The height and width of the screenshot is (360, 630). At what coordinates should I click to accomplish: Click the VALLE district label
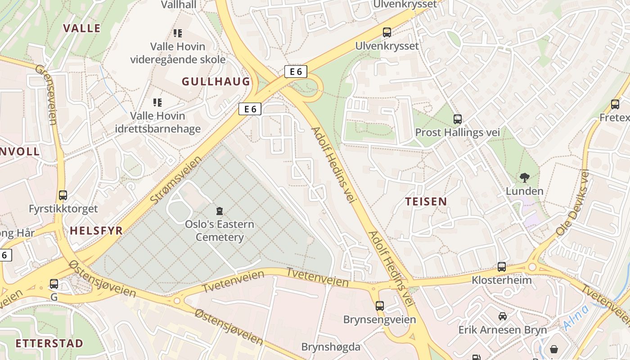pos(81,28)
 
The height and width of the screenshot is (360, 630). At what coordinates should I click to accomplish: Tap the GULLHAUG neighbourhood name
pos(216,81)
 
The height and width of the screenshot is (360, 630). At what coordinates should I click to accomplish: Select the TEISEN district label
pos(426,201)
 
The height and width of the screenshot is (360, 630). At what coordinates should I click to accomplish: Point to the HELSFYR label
pos(96,231)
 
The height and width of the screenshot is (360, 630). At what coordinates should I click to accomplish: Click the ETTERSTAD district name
pos(49,343)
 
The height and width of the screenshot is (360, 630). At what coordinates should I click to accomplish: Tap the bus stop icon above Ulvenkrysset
pos(387,32)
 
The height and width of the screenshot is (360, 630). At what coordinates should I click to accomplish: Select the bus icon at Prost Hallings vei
pos(458,119)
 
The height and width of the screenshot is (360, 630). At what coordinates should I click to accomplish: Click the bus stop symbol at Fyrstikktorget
pos(63,195)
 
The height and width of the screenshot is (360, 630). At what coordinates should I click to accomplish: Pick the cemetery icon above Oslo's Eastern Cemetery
pos(220,211)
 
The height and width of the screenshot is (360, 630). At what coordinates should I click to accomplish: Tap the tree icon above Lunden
pos(524,178)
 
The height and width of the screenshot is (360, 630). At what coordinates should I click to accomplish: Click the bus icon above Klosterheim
pos(502,267)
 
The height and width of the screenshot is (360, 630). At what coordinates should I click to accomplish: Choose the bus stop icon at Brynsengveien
pos(380,306)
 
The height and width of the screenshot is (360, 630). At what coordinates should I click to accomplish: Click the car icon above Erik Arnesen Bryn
pos(503,316)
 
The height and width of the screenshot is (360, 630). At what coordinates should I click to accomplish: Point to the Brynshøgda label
pos(331,347)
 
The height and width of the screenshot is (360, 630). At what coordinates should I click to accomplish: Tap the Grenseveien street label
pos(46,94)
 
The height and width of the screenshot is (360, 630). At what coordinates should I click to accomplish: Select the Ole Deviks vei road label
pos(572,202)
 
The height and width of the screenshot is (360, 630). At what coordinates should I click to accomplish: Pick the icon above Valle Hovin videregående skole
pos(178,33)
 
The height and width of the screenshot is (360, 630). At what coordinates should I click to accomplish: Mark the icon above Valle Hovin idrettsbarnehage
pos(157,103)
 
